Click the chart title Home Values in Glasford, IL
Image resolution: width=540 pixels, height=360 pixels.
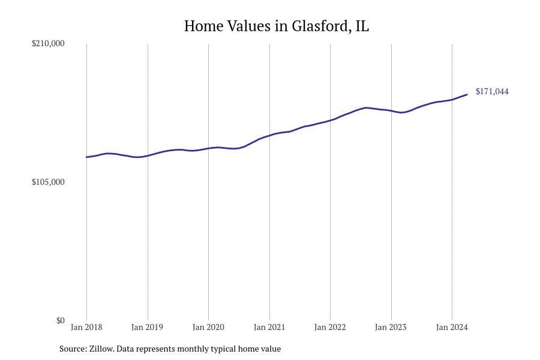276,26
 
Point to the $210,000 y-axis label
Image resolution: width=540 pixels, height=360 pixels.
48,44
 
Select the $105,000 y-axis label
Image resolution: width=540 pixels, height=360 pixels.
48,182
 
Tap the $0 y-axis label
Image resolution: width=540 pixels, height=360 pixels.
60,320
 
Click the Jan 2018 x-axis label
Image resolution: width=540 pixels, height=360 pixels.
86,327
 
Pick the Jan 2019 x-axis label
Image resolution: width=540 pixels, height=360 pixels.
147,327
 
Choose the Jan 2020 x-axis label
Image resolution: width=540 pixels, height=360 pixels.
208,327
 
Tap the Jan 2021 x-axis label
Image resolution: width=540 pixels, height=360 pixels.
269,327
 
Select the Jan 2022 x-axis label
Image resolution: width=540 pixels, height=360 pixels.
330,327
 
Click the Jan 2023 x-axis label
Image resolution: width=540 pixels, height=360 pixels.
391,327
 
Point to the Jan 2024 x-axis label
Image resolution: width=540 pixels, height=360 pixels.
452,327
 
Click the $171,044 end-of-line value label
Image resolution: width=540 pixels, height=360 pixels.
492,92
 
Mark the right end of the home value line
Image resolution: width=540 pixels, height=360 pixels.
467,94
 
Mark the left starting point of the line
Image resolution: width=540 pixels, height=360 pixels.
86,157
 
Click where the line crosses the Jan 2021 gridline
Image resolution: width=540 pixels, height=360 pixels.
269,136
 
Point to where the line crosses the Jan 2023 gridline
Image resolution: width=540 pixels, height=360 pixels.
391,111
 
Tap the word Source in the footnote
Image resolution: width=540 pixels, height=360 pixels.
73,349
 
